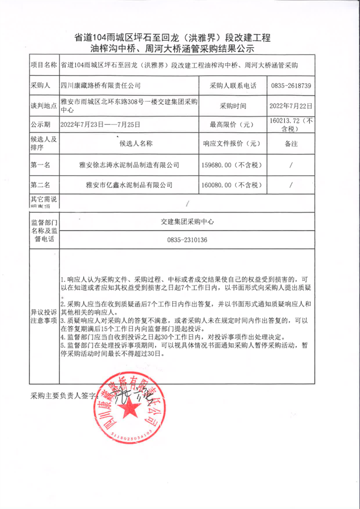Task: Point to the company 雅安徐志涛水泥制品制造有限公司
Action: point(129,165)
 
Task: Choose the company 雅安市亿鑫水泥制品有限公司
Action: point(129,185)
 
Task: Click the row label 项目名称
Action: point(43,65)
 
